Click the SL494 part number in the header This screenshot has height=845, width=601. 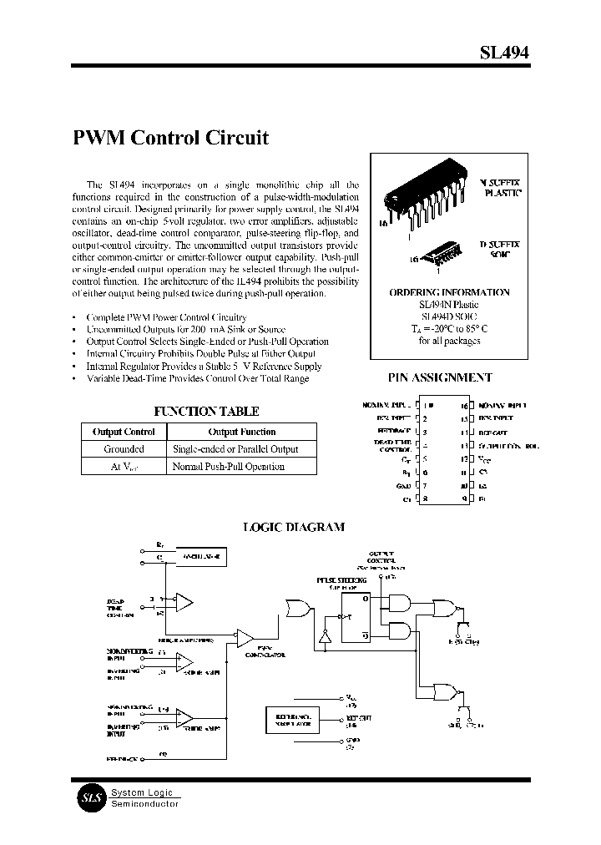pyautogui.click(x=503, y=52)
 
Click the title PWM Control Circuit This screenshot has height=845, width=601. pyautogui.click(x=171, y=138)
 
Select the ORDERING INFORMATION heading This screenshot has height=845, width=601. pyautogui.click(x=449, y=293)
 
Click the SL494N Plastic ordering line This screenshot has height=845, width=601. pyautogui.click(x=449, y=305)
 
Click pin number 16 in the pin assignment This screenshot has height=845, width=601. pyautogui.click(x=464, y=404)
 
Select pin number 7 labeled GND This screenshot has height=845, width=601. pyautogui.click(x=426, y=485)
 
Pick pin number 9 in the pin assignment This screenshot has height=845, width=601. pyautogui.click(x=464, y=498)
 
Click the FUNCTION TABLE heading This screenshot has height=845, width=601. pyautogui.click(x=206, y=412)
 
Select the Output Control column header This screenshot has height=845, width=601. pyautogui.click(x=124, y=432)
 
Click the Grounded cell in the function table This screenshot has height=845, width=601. pyautogui.click(x=124, y=449)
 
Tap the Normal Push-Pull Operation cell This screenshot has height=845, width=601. pyautogui.click(x=228, y=467)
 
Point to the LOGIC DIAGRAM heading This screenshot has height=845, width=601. pyautogui.click(x=293, y=527)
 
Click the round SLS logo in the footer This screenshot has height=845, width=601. pyautogui.click(x=89, y=797)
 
